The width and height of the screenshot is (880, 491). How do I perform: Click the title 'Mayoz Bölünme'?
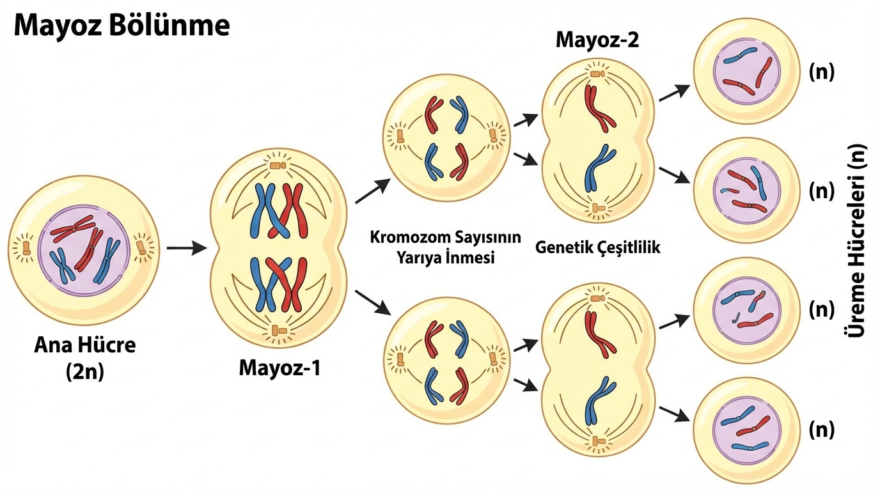click(122, 26)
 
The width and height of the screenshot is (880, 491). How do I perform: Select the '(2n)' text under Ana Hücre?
click(84, 371)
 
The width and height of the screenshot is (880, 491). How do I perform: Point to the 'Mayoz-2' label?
click(597, 40)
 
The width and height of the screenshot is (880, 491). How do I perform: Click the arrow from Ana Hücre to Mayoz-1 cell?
click(186, 247)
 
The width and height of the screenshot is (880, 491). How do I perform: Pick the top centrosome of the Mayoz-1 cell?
click(278, 166)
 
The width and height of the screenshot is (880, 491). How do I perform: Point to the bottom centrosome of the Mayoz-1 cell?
click(278, 330)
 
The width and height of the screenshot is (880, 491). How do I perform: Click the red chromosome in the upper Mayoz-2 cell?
click(597, 109)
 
